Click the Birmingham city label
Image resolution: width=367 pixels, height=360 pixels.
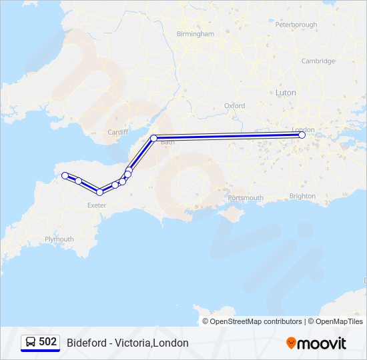click(196, 33)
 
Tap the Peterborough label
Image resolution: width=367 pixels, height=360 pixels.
click(296, 25)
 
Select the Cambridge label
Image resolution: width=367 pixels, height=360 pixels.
click(318, 61)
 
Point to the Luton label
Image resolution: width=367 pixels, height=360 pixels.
click(286, 93)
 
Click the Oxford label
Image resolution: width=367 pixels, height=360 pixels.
click(234, 105)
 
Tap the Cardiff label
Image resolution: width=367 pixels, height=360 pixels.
click(117, 132)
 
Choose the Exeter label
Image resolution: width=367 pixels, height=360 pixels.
click(97, 205)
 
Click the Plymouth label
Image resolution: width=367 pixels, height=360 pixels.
click(59, 239)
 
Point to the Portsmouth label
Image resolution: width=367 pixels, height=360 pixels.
click(246, 197)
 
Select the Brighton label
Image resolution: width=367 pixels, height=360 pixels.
click(303, 196)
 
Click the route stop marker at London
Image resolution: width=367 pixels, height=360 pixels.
click(302, 135)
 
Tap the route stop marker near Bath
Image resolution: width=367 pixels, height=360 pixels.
click(154, 138)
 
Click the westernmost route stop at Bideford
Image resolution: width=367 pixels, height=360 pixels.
click(65, 175)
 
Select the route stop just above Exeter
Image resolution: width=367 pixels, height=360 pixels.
click(99, 192)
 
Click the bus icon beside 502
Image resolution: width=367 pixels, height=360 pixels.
click(31, 342)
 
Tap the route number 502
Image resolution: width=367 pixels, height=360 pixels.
click(48, 342)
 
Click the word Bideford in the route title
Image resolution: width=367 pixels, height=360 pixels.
click(86, 343)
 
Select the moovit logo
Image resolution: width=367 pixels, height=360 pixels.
click(316, 343)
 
